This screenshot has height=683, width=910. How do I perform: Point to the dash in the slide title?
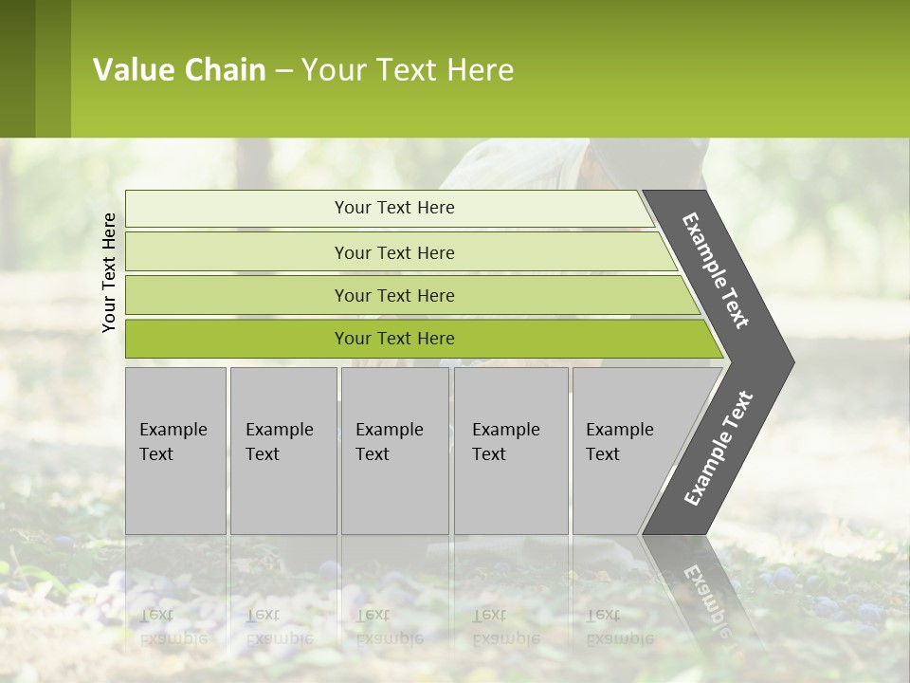(283, 71)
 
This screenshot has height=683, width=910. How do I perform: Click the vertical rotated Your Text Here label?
(109, 273)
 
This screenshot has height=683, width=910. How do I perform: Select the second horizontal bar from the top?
(394, 252)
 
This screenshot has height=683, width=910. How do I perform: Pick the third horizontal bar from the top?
(394, 295)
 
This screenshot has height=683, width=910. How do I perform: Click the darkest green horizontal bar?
(394, 339)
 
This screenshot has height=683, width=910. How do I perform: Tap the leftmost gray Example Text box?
(175, 451)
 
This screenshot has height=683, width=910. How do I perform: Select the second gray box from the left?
(282, 451)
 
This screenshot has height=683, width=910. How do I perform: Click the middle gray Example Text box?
(394, 451)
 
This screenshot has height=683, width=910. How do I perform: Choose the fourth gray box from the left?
(510, 451)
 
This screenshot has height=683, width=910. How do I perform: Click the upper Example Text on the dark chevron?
(717, 271)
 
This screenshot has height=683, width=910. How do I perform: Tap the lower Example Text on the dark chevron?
(718, 449)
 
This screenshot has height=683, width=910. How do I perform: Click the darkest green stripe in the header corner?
(17, 68)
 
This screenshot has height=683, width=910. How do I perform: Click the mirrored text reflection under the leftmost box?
(173, 626)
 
